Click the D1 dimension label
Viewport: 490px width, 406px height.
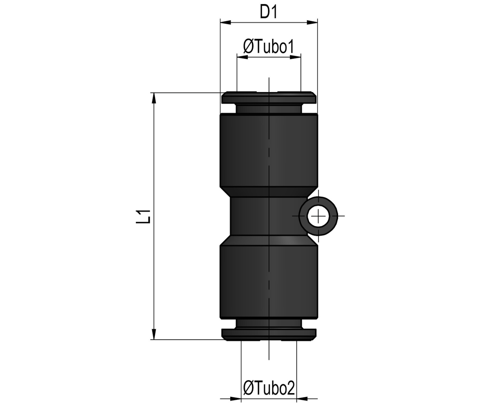tap(269, 12)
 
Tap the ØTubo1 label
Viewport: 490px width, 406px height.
tap(269, 47)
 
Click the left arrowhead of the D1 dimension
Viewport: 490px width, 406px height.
tap(226, 23)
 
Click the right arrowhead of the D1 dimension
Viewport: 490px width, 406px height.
tap(312, 23)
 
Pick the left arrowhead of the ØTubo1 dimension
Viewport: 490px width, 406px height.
tap(242, 57)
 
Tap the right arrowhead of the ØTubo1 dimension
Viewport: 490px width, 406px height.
tap(295, 57)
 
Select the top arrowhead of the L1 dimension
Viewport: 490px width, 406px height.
tap(154, 98)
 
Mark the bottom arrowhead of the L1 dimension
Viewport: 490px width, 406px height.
tap(154, 334)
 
